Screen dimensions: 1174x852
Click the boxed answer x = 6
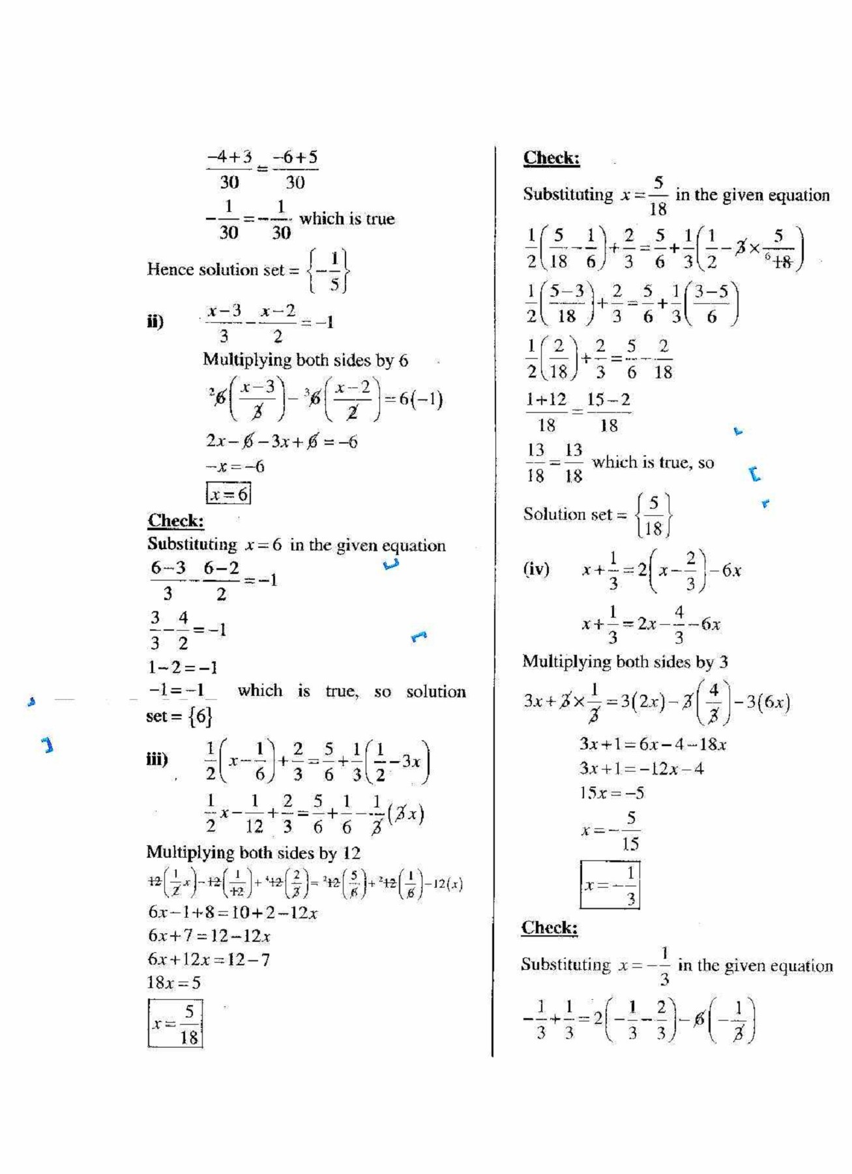tap(228, 494)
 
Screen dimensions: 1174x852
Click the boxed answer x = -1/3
tap(610, 885)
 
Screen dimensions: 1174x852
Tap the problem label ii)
tap(155, 322)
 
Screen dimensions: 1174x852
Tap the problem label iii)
tap(156, 759)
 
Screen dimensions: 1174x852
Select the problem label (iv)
tap(536, 569)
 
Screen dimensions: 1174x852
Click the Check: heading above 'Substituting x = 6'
tap(175, 520)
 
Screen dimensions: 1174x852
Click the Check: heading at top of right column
tap(551, 158)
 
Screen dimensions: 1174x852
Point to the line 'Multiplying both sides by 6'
tap(305, 360)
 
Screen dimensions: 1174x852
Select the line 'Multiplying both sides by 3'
tap(624, 662)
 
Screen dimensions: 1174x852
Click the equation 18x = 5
tap(174, 983)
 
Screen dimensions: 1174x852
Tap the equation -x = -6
tap(235, 467)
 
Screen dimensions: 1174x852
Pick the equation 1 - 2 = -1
tap(182, 667)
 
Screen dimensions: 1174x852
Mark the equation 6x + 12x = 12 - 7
tap(209, 959)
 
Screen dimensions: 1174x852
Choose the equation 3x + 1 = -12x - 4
tap(641, 768)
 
